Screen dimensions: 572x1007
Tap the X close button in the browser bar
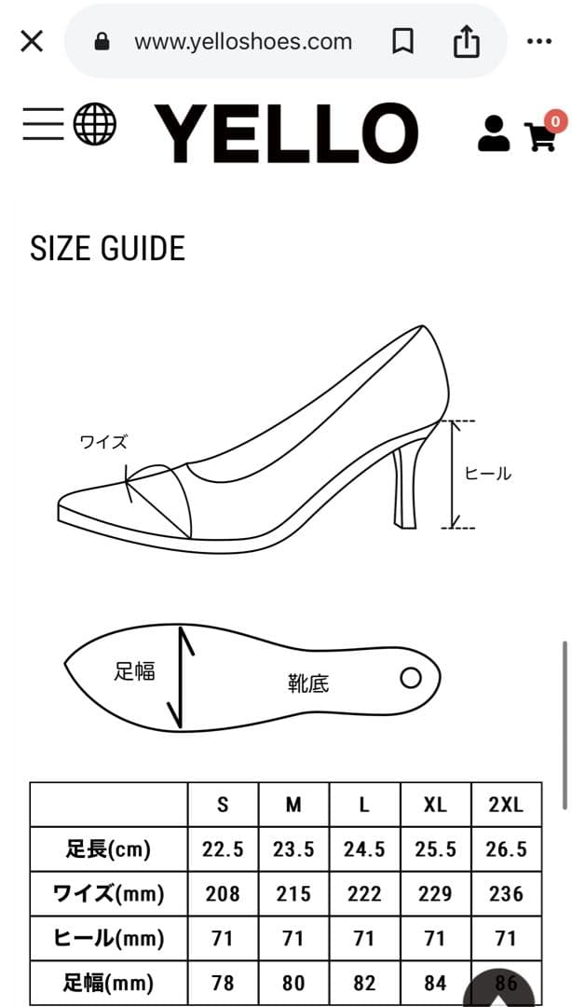pyautogui.click(x=32, y=42)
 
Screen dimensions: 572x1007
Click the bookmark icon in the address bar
pyautogui.click(x=402, y=42)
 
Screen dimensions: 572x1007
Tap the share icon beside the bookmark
pyautogui.click(x=467, y=42)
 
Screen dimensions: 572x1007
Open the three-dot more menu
pyautogui.click(x=539, y=42)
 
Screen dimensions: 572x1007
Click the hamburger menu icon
pyautogui.click(x=43, y=124)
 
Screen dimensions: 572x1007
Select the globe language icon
pyautogui.click(x=95, y=124)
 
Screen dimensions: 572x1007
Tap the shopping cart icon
pyautogui.click(x=540, y=136)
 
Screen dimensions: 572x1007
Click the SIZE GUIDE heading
pyautogui.click(x=108, y=249)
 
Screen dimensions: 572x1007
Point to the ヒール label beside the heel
pyautogui.click(x=488, y=474)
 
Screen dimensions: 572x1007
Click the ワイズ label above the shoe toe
pyautogui.click(x=103, y=443)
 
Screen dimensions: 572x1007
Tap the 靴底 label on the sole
pyautogui.click(x=308, y=683)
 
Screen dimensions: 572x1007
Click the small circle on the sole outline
pyautogui.click(x=411, y=678)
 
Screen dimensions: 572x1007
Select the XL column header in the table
pyautogui.click(x=435, y=805)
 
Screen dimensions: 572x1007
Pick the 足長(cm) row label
pyautogui.click(x=108, y=849)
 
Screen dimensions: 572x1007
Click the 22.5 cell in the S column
pyautogui.click(x=223, y=849)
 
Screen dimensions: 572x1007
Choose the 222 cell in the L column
pyautogui.click(x=364, y=894)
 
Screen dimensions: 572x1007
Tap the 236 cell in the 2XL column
pyautogui.click(x=506, y=894)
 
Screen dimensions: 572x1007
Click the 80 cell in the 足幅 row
pyautogui.click(x=293, y=983)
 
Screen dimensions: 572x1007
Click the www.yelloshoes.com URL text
pyautogui.click(x=243, y=42)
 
